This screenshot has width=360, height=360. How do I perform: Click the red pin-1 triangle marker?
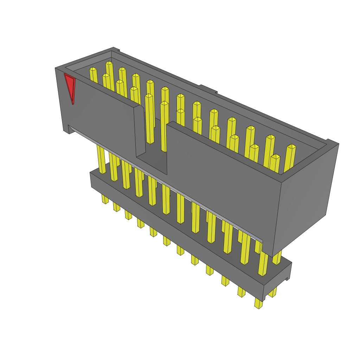point(70,86)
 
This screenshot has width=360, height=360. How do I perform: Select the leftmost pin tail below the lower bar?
point(105,199)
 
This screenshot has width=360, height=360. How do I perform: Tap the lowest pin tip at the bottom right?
point(259,304)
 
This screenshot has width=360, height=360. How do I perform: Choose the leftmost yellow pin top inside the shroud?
point(93,70)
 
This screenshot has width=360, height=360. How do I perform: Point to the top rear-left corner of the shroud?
point(114,49)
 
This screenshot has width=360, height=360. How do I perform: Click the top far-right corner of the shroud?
point(338,144)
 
